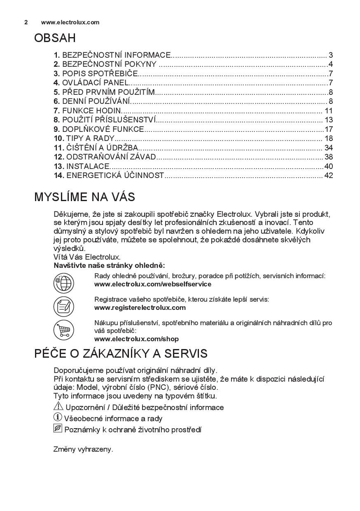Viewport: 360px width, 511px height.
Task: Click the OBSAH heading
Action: [55, 38]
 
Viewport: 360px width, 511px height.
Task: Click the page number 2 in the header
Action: [26, 22]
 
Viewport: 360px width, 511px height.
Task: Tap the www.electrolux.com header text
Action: [70, 22]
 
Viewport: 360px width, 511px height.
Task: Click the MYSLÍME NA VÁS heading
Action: [84, 197]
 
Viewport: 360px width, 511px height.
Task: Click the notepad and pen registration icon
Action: [63, 306]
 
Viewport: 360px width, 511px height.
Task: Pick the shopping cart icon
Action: [63, 330]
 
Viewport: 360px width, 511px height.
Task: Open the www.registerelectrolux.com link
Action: [140, 307]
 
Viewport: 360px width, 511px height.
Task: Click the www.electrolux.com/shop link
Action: [136, 339]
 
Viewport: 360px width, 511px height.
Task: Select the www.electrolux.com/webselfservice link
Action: [152, 284]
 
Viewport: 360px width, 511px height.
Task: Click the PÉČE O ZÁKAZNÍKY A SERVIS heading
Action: [121, 354]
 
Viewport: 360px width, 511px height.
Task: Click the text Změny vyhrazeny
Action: [83, 449]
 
